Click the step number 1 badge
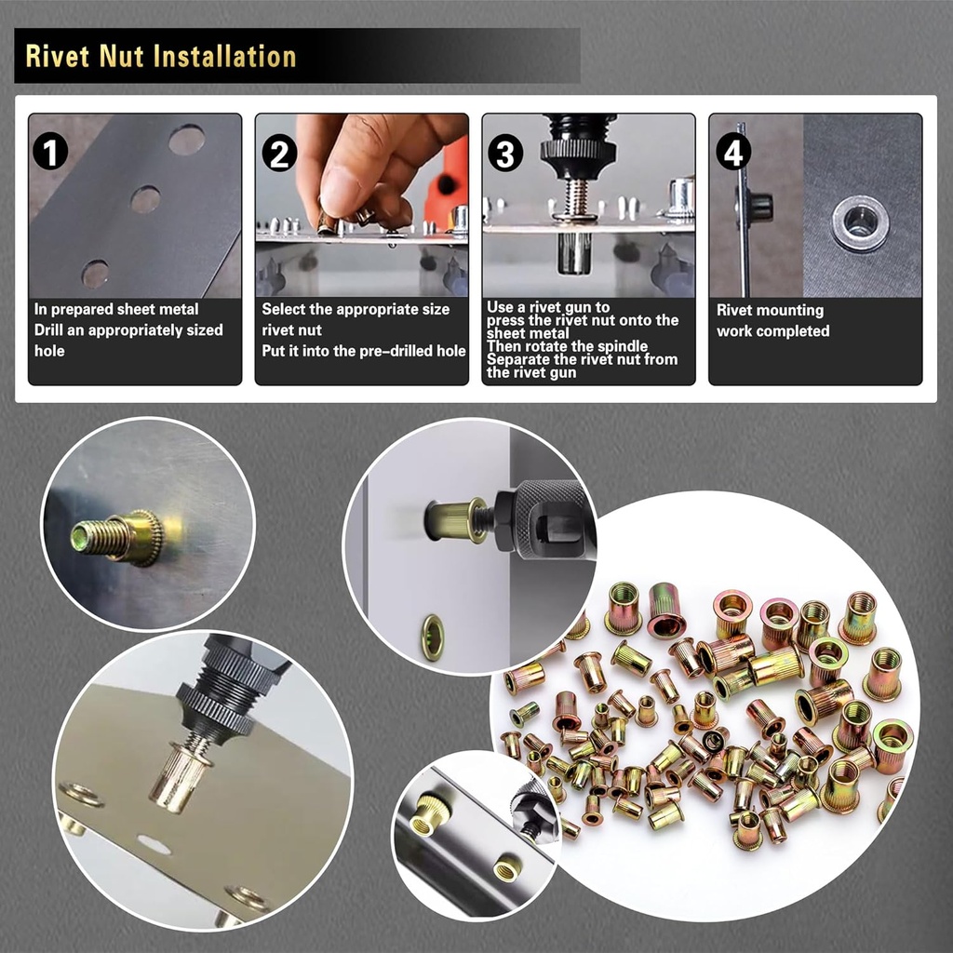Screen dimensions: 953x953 (51, 151)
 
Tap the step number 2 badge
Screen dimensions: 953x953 (278, 152)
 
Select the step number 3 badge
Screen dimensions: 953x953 (503, 152)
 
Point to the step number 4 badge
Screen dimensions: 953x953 (733, 152)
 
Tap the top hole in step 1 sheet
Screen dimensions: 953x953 (186, 140)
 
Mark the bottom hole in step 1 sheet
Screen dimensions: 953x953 (94, 274)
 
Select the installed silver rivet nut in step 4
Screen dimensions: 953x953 (859, 223)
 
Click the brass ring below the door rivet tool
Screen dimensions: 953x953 (432, 637)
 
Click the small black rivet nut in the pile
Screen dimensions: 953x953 (714, 741)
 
